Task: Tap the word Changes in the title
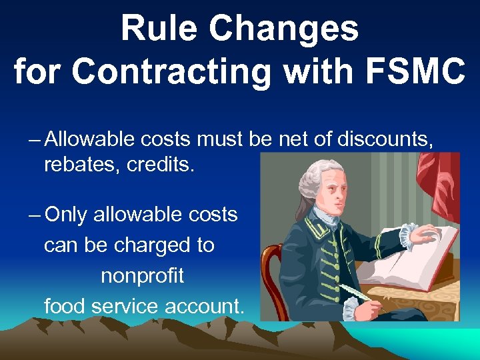pos(285,29)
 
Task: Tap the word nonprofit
pos(142,276)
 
